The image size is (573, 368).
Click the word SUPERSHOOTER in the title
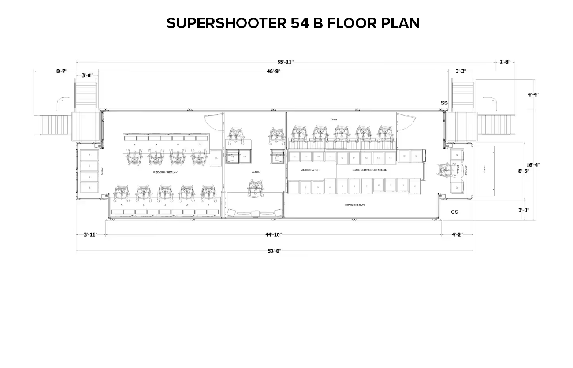(226, 23)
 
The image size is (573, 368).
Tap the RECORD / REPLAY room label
(165, 172)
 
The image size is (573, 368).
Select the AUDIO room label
(256, 172)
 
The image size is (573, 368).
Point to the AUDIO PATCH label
(310, 170)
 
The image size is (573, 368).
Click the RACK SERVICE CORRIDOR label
(369, 170)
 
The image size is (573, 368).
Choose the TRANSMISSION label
(354, 205)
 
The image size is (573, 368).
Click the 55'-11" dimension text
(286, 62)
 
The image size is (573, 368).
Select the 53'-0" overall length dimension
(274, 251)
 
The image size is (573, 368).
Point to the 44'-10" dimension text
(274, 234)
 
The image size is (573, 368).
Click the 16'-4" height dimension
(533, 165)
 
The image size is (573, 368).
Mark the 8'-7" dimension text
(62, 71)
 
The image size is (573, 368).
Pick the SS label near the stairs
(444, 103)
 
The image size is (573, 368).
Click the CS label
(454, 212)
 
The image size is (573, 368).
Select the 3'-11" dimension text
(90, 234)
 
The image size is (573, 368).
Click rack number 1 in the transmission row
(294, 188)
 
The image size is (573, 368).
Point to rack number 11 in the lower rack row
(414, 186)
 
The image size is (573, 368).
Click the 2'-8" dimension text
(504, 62)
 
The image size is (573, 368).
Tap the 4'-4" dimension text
(533, 94)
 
